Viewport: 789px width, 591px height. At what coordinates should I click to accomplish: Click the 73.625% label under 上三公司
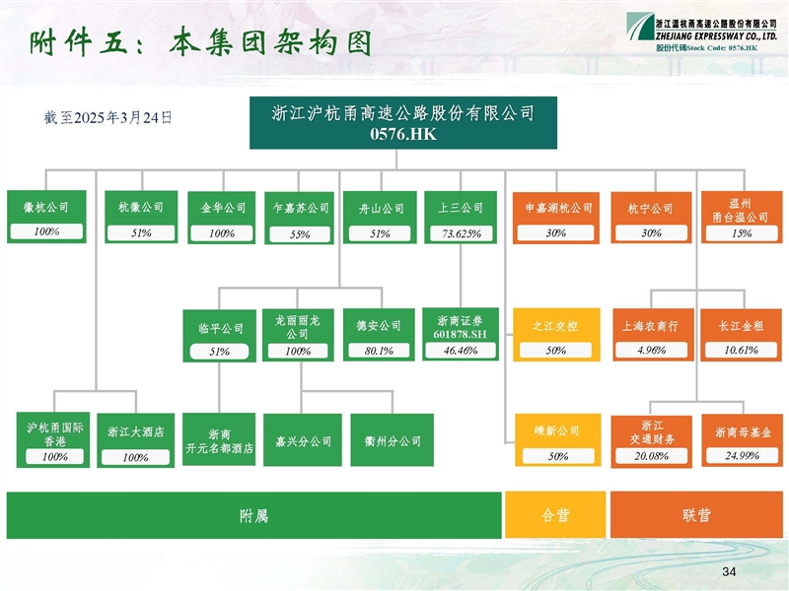(x=461, y=233)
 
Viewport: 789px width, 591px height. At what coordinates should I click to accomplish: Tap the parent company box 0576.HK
(x=402, y=123)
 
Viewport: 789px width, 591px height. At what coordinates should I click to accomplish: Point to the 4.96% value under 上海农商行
(x=652, y=350)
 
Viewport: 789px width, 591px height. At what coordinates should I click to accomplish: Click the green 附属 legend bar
(x=253, y=515)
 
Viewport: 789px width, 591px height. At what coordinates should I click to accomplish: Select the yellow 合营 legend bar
(x=555, y=515)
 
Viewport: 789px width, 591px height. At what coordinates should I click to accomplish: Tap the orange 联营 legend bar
(x=696, y=515)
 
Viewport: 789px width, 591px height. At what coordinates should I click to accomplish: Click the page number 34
(x=730, y=572)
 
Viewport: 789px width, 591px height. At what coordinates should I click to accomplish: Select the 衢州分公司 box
(x=388, y=440)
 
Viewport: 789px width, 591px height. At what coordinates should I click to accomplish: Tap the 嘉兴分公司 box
(x=303, y=440)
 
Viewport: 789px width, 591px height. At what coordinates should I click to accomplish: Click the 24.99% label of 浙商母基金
(x=742, y=456)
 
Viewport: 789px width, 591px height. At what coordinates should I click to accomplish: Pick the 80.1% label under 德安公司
(x=379, y=351)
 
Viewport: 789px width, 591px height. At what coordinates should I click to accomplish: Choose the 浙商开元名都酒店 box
(x=219, y=440)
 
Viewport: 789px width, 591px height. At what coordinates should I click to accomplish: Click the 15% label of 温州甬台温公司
(x=741, y=233)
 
